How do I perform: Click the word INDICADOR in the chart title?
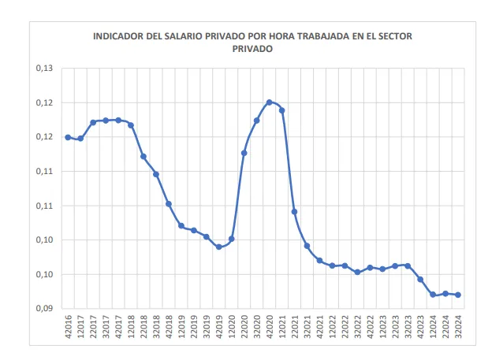pyautogui.click(x=117, y=36)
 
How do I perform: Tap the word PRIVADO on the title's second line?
pyautogui.click(x=251, y=48)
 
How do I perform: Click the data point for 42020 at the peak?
pyautogui.click(x=269, y=102)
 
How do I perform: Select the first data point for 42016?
pyautogui.click(x=68, y=137)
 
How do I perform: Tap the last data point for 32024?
pyautogui.click(x=458, y=295)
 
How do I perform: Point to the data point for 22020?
pyautogui.click(x=244, y=153)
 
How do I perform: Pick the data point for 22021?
pyautogui.click(x=294, y=212)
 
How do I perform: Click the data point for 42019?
pyautogui.click(x=219, y=247)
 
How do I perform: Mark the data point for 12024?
pyautogui.click(x=433, y=295)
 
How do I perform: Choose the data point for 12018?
pyautogui.click(x=131, y=125)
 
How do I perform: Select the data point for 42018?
pyautogui.click(x=169, y=204)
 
